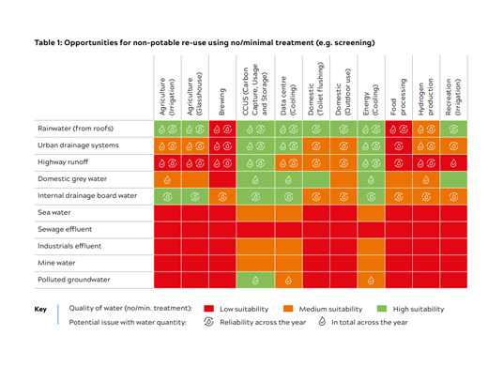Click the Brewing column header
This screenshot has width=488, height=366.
(x=221, y=101)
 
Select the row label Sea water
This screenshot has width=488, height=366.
(x=54, y=212)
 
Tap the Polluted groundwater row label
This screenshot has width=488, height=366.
(x=74, y=280)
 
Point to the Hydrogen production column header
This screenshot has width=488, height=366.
(x=426, y=97)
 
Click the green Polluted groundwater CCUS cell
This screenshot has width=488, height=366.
(x=255, y=280)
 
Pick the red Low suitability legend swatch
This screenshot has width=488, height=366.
(x=208, y=309)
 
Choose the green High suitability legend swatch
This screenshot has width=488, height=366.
(x=382, y=309)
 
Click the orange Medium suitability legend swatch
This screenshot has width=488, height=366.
(x=288, y=309)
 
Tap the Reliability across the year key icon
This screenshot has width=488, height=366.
(x=208, y=322)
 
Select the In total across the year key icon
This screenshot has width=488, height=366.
(x=322, y=321)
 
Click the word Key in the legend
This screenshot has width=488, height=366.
(x=40, y=309)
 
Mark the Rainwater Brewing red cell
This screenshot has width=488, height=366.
(x=222, y=129)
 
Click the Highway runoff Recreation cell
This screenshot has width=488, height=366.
(x=453, y=162)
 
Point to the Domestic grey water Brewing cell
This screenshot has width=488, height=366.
(x=222, y=179)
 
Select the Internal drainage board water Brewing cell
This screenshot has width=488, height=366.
(x=222, y=196)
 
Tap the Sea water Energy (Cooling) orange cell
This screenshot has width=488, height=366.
(x=371, y=213)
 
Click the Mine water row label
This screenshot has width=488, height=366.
(x=56, y=263)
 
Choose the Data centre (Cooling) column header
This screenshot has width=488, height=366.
(x=288, y=96)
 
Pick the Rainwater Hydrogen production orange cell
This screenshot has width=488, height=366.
(x=426, y=129)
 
